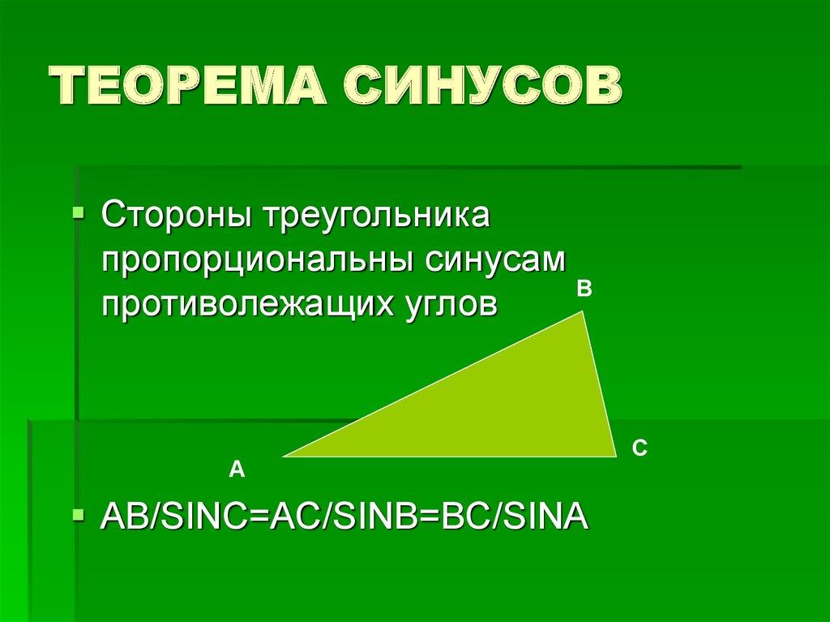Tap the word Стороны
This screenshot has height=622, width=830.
[x=173, y=217]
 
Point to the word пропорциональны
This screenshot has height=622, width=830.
[x=255, y=261]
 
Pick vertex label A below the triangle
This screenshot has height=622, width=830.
[x=236, y=469]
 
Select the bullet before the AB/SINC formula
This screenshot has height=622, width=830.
[x=78, y=515]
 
